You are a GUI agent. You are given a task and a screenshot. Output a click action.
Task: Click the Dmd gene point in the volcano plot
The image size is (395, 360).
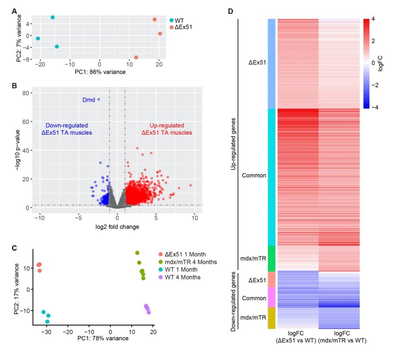click(x=99, y=99)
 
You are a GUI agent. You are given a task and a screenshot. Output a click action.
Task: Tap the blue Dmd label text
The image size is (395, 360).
click(x=88, y=100)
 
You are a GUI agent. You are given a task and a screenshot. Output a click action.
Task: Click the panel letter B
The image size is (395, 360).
click(x=15, y=86)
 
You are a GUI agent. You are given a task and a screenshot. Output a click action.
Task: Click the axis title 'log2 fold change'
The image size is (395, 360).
click(x=117, y=227)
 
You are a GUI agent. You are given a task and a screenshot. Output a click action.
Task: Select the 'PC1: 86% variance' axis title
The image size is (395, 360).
click(x=100, y=72)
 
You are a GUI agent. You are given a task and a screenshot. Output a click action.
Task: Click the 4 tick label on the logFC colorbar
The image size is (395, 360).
click(x=373, y=19)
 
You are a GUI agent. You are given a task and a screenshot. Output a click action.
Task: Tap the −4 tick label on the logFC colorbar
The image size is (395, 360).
click(x=374, y=108)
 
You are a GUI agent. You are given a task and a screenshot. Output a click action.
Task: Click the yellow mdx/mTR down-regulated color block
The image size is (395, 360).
click(x=272, y=318)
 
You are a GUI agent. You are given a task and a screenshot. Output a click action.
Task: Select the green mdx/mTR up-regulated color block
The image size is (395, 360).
click(x=272, y=258)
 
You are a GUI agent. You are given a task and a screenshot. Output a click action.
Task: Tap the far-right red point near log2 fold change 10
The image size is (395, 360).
click(x=190, y=185)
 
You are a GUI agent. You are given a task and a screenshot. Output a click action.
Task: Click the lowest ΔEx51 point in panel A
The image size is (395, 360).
click(x=136, y=57)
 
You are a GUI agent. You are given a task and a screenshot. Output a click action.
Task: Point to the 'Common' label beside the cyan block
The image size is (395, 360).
click(x=254, y=176)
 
